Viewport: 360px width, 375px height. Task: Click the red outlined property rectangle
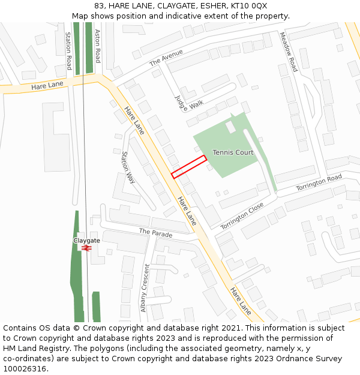coord(189,167)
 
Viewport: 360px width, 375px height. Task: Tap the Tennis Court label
coord(233,152)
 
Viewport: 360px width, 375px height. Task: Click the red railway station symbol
coord(86,247)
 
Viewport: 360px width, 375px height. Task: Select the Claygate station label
coord(86,240)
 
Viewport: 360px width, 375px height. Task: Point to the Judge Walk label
coord(189,103)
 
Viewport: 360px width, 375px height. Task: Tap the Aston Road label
coord(97,47)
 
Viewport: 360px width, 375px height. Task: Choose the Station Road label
coord(68,51)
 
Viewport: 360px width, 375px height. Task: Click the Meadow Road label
coord(289,52)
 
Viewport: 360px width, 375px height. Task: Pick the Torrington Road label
coord(319,183)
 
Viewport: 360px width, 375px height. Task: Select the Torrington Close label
coord(242,216)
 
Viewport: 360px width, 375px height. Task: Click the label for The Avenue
coord(166,58)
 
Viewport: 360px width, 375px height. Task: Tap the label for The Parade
coord(155,232)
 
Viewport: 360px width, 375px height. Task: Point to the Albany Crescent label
coord(145,288)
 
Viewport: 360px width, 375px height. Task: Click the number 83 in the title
coord(99,6)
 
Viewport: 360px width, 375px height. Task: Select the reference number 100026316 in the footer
coord(24,369)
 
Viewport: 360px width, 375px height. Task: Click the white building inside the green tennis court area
coord(231,127)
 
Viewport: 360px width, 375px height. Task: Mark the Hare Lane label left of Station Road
coord(47,85)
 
